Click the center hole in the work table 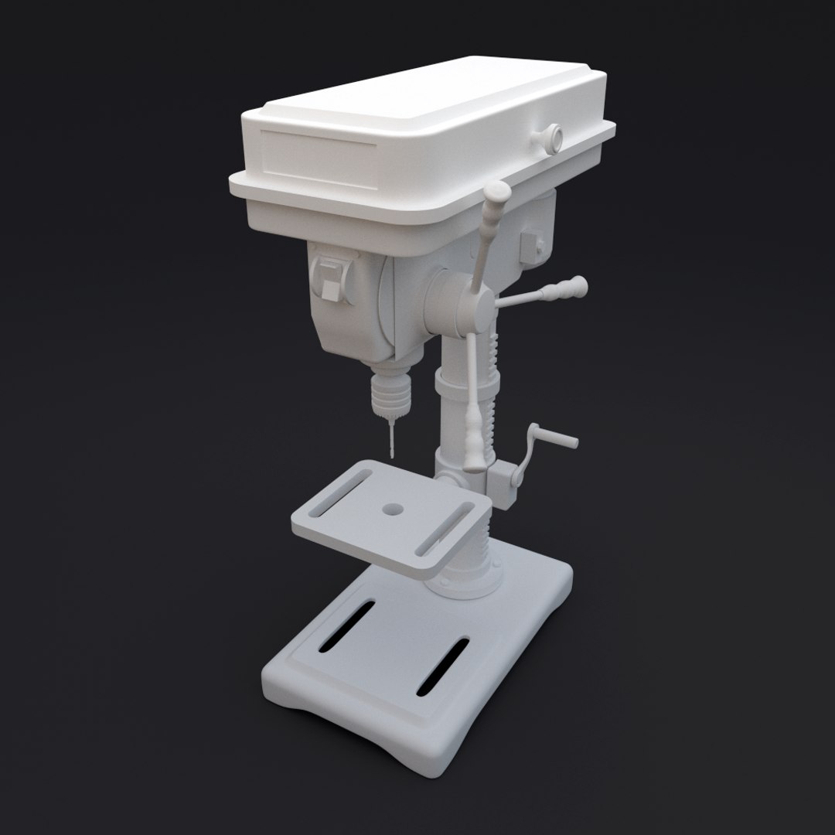tap(394, 510)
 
